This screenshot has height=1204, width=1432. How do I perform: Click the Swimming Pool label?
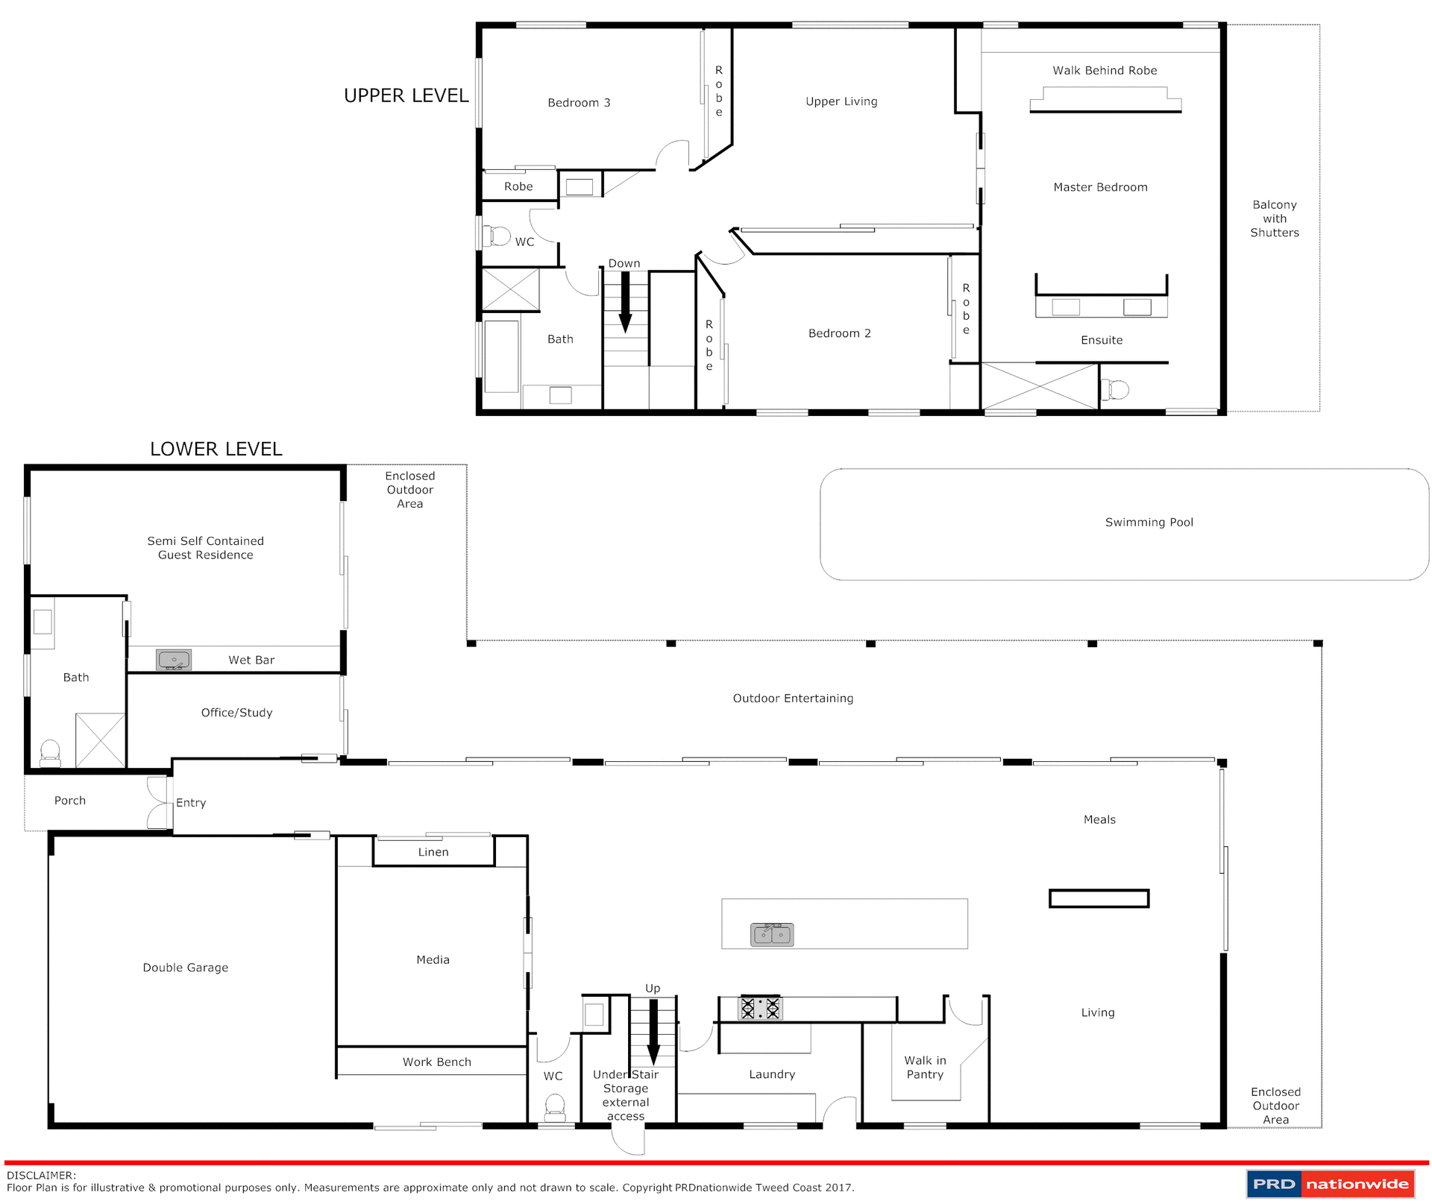click(1149, 523)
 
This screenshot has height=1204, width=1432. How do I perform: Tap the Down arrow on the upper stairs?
click(625, 301)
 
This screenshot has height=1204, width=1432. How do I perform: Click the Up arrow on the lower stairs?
click(653, 1032)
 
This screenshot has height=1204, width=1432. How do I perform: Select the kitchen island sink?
click(772, 934)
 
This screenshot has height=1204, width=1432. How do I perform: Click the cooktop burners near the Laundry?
click(760, 1009)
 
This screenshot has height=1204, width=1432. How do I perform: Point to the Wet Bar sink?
click(174, 660)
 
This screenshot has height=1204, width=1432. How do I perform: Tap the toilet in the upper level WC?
click(497, 236)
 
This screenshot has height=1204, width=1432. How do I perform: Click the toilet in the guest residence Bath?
click(50, 752)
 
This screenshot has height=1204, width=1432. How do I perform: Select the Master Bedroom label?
click(1100, 187)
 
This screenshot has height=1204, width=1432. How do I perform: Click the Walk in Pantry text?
click(925, 1067)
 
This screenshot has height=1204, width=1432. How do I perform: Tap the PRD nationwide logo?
click(1330, 1183)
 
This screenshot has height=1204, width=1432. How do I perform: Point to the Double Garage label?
click(186, 968)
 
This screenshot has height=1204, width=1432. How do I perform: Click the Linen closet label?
click(433, 852)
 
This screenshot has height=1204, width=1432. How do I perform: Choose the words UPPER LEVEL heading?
click(406, 95)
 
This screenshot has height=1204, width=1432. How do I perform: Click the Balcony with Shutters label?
click(1274, 218)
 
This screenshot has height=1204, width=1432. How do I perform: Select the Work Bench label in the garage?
click(437, 1062)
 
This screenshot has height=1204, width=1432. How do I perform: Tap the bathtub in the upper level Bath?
click(502, 356)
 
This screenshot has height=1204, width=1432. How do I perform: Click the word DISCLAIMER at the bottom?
click(41, 1176)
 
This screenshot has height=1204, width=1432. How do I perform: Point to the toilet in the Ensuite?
click(1117, 389)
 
